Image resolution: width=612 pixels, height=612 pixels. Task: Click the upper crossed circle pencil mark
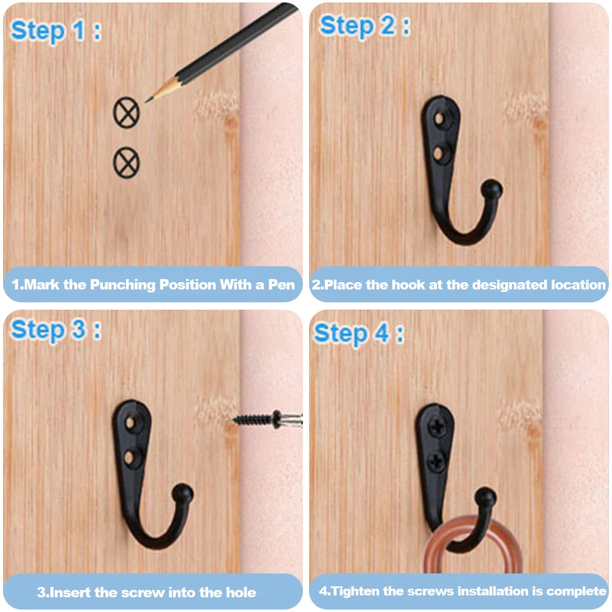126,113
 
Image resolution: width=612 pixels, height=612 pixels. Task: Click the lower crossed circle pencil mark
126,162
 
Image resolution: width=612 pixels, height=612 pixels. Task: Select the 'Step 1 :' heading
56,31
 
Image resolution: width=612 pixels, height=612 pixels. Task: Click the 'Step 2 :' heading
365,26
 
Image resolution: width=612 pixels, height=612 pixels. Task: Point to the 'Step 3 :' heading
56,330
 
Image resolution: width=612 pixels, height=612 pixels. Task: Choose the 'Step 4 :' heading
359,334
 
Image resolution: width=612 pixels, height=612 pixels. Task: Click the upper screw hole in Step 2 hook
440,118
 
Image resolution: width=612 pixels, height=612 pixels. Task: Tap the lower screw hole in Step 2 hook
438,154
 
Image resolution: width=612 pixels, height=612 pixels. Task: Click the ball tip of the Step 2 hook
491,188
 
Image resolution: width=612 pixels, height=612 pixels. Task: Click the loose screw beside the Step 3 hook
268,420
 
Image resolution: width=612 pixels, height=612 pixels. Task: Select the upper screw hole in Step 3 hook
131,423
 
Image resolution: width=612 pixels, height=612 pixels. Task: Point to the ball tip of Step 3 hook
182,493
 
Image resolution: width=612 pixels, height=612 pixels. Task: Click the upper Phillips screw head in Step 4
438,427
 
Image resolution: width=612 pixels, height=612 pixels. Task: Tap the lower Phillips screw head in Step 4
436,463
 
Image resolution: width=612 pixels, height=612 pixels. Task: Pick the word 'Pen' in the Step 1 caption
281,285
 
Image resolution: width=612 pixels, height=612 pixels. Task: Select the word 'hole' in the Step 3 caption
241,592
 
